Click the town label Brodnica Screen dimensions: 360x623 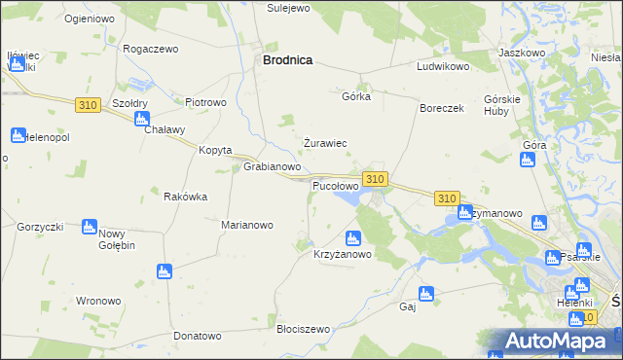[x=287, y=59]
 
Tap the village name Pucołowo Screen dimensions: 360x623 [x=335, y=185]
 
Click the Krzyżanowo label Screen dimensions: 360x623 [x=343, y=255]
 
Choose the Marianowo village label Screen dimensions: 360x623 [x=247, y=225]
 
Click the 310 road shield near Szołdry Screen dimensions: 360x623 [x=88, y=104]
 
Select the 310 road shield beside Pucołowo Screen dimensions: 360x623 [x=376, y=179]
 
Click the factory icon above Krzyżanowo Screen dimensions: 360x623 [x=353, y=237]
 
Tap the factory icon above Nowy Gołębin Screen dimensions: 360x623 [x=90, y=227]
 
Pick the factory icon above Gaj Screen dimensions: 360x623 [x=424, y=293]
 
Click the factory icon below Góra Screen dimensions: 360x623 [x=528, y=160]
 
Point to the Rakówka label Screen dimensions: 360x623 [x=185, y=197]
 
